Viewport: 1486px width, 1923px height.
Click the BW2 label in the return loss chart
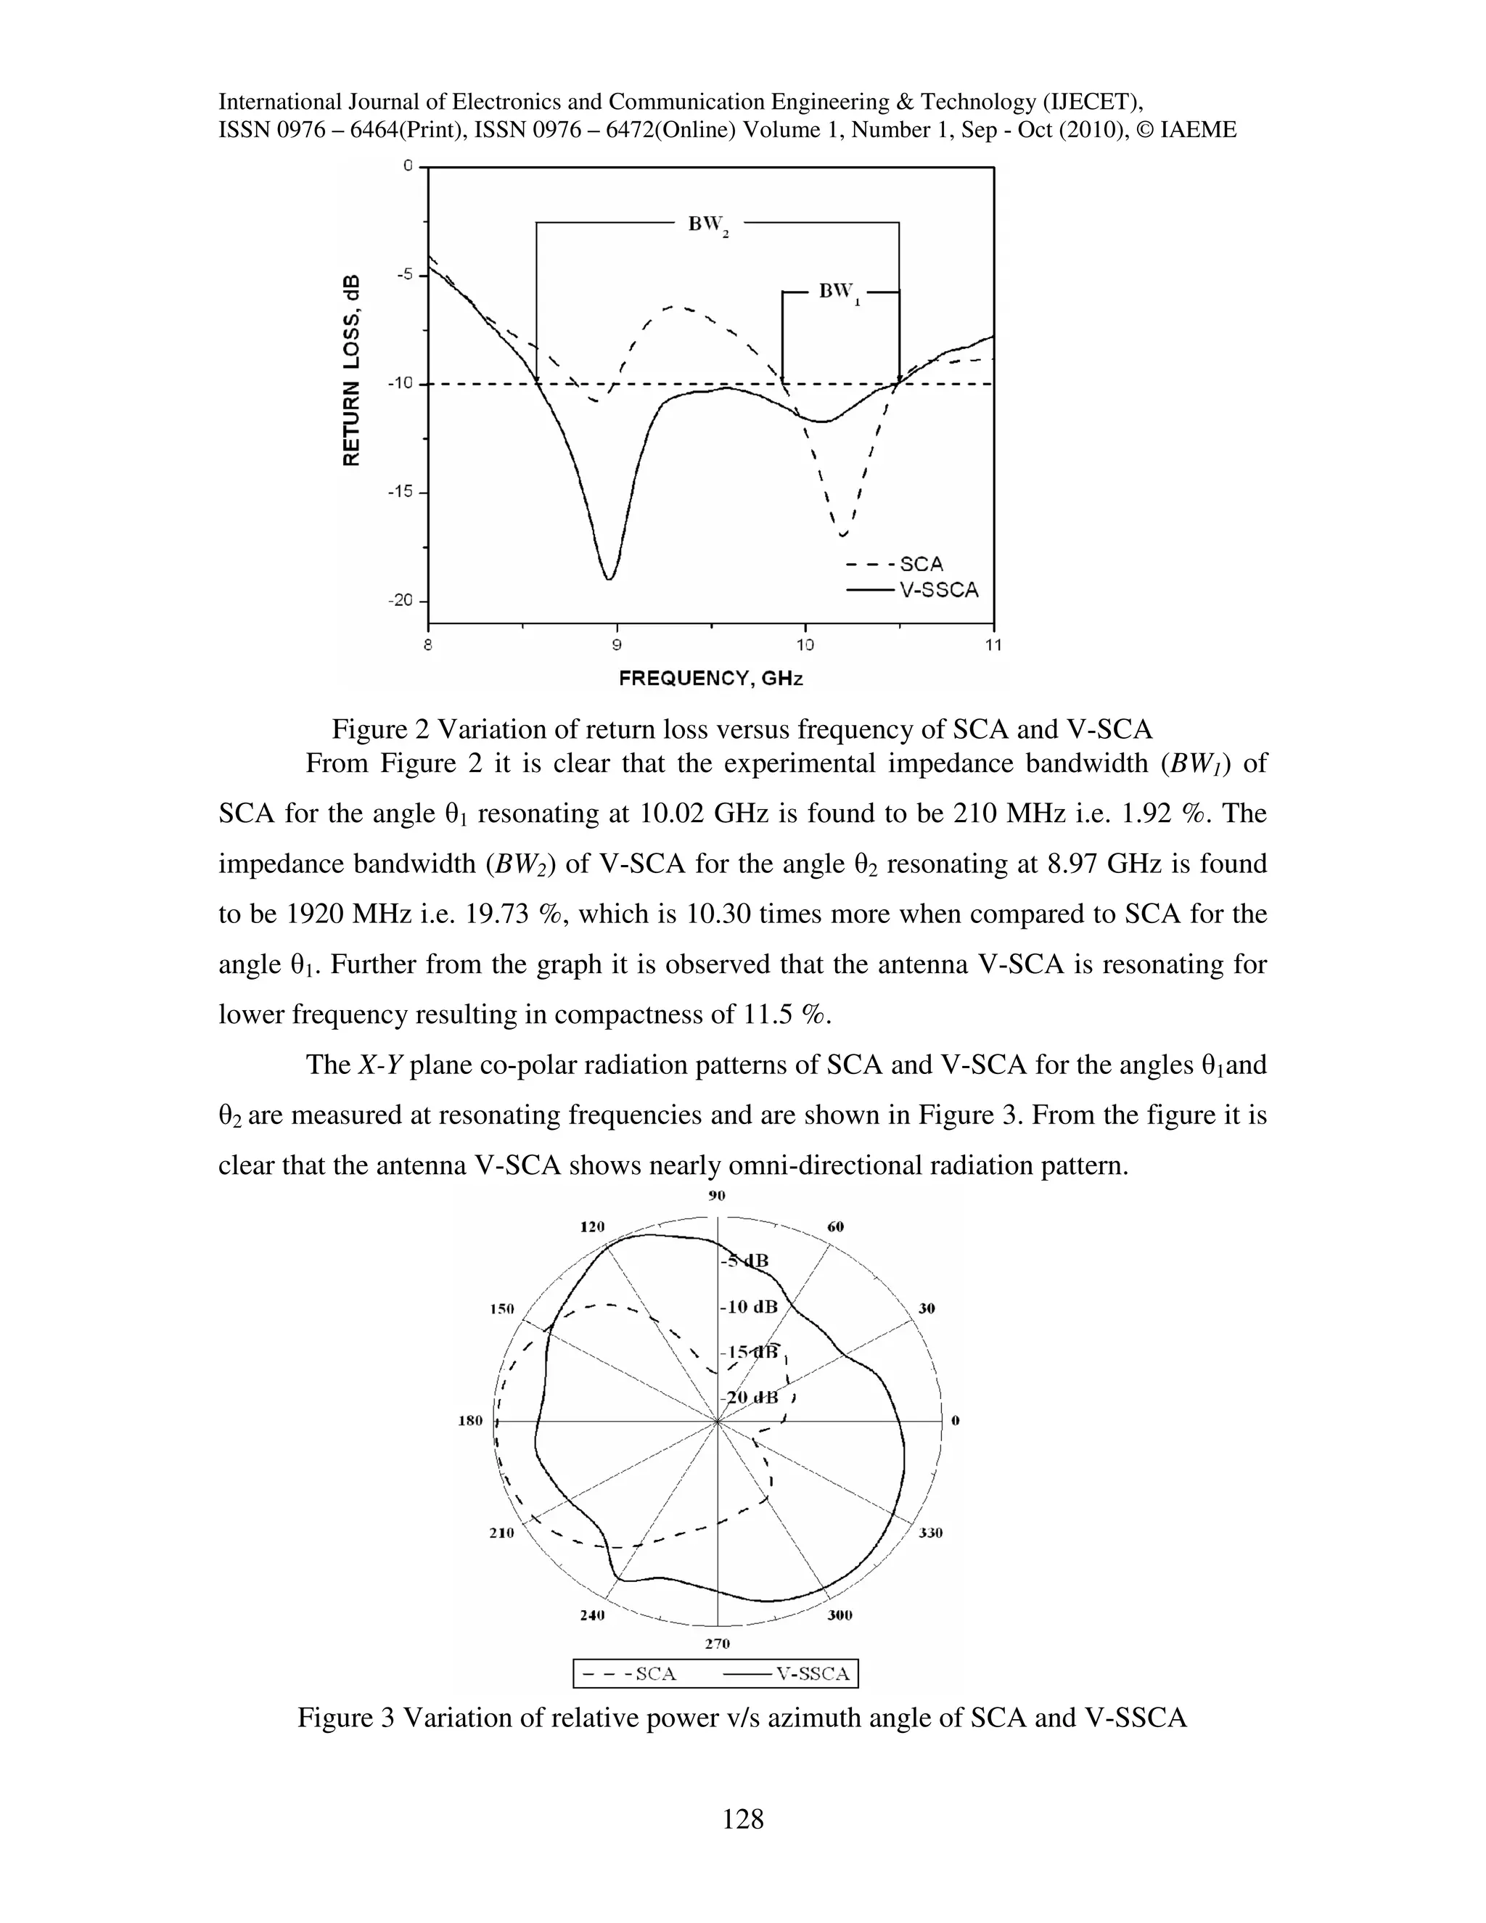click(x=707, y=226)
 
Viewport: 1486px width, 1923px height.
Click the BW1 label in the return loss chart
click(x=839, y=292)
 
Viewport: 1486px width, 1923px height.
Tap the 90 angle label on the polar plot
click(x=717, y=1196)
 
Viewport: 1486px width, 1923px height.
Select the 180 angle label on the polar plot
click(x=471, y=1420)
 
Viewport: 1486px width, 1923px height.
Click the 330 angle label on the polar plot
click(x=930, y=1533)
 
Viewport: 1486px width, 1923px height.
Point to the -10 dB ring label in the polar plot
click(x=749, y=1307)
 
